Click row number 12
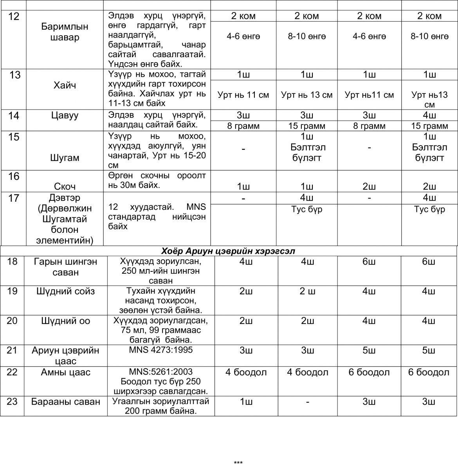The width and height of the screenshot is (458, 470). [14, 17]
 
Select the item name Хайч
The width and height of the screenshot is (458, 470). [65, 85]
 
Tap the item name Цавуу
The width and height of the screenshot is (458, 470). [65, 115]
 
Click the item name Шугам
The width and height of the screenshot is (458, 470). [65, 158]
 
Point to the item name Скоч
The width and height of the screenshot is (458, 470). [65, 186]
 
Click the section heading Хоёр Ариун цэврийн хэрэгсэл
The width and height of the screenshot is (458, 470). [228, 251]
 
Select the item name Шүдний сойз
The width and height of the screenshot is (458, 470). [65, 291]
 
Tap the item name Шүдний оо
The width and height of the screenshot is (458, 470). [65, 321]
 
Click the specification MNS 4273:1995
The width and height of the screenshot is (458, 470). [161, 350]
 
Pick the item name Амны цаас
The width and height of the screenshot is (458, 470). [65, 372]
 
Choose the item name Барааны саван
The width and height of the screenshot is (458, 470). [65, 401]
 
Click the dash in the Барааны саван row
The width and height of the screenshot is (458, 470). [308, 402]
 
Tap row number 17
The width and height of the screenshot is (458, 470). [14, 198]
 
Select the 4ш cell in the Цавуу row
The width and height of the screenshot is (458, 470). [429, 115]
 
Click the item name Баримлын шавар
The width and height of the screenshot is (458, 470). [65, 32]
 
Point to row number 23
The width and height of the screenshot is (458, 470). [12, 401]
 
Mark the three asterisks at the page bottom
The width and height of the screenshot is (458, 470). [238, 463]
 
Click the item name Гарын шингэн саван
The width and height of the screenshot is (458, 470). [65, 267]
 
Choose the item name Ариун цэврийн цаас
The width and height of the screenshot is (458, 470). [65, 355]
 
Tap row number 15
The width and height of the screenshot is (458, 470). [14, 137]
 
